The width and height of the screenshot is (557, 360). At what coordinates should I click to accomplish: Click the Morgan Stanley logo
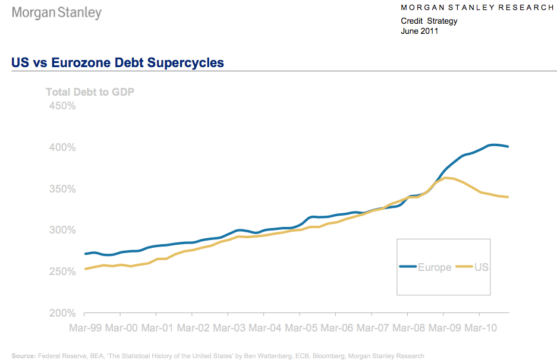57,13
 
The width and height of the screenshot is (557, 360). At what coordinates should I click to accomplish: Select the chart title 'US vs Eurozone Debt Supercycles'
118,62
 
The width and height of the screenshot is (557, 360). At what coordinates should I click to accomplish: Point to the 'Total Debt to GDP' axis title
90,92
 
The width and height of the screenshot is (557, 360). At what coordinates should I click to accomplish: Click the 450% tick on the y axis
62,106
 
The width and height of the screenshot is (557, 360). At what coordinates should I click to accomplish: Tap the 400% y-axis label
62,147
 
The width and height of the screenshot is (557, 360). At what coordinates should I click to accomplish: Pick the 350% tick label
62,189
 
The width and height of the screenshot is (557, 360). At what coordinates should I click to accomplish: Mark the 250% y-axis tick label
62,271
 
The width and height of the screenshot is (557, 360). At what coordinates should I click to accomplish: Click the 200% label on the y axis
62,313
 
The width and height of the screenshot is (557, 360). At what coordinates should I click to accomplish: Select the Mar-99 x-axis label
84,327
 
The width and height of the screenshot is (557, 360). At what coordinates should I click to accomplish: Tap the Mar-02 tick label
193,327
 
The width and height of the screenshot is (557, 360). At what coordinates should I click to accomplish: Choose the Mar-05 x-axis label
301,327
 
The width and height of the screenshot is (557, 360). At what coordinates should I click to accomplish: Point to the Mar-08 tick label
408,327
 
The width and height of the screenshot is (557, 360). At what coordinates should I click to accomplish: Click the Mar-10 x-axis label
481,327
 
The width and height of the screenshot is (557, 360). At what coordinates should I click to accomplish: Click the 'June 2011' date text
420,31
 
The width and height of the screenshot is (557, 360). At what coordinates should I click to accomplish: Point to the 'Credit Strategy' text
429,21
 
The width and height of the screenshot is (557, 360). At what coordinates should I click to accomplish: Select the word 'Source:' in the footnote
24,356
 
